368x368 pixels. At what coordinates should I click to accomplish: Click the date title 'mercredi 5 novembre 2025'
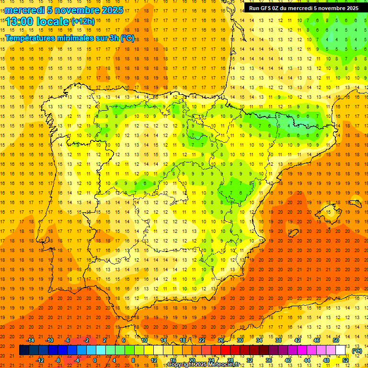point(64,10)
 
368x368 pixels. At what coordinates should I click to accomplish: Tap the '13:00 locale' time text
point(37,22)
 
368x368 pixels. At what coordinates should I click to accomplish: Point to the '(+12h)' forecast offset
point(83,22)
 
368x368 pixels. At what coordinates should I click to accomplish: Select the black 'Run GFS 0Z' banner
point(303,8)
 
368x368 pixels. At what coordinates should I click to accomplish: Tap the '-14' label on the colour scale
point(30,340)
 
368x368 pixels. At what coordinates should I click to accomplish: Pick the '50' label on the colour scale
point(335,340)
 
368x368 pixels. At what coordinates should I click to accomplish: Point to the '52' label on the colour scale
point(345,360)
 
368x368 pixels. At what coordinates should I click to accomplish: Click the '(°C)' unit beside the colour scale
point(357,351)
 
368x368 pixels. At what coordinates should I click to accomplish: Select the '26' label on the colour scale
point(221,340)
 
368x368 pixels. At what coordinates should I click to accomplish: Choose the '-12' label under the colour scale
point(40,360)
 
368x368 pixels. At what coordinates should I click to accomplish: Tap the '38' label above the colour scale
point(278,340)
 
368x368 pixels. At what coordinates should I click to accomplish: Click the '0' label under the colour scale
point(95,360)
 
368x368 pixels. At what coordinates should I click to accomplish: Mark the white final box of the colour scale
point(341,350)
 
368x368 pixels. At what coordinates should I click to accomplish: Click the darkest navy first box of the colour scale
point(24,350)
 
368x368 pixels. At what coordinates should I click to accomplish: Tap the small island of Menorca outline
point(354,204)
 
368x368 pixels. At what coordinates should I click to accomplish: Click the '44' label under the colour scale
point(307,360)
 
